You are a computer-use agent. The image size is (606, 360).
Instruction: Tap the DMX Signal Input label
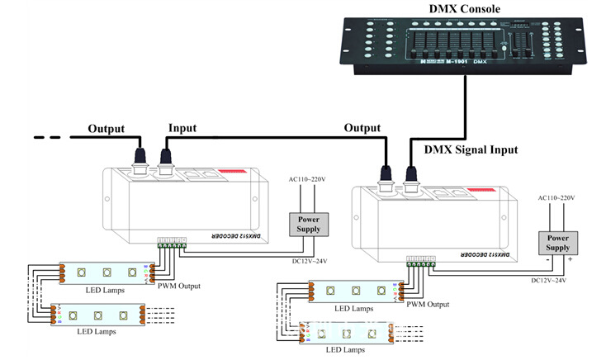(x=471, y=149)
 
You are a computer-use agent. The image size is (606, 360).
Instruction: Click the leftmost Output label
(x=107, y=129)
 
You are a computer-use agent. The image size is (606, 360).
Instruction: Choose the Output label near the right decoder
(x=362, y=128)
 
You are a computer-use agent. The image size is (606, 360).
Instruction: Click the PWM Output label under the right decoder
(x=427, y=304)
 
